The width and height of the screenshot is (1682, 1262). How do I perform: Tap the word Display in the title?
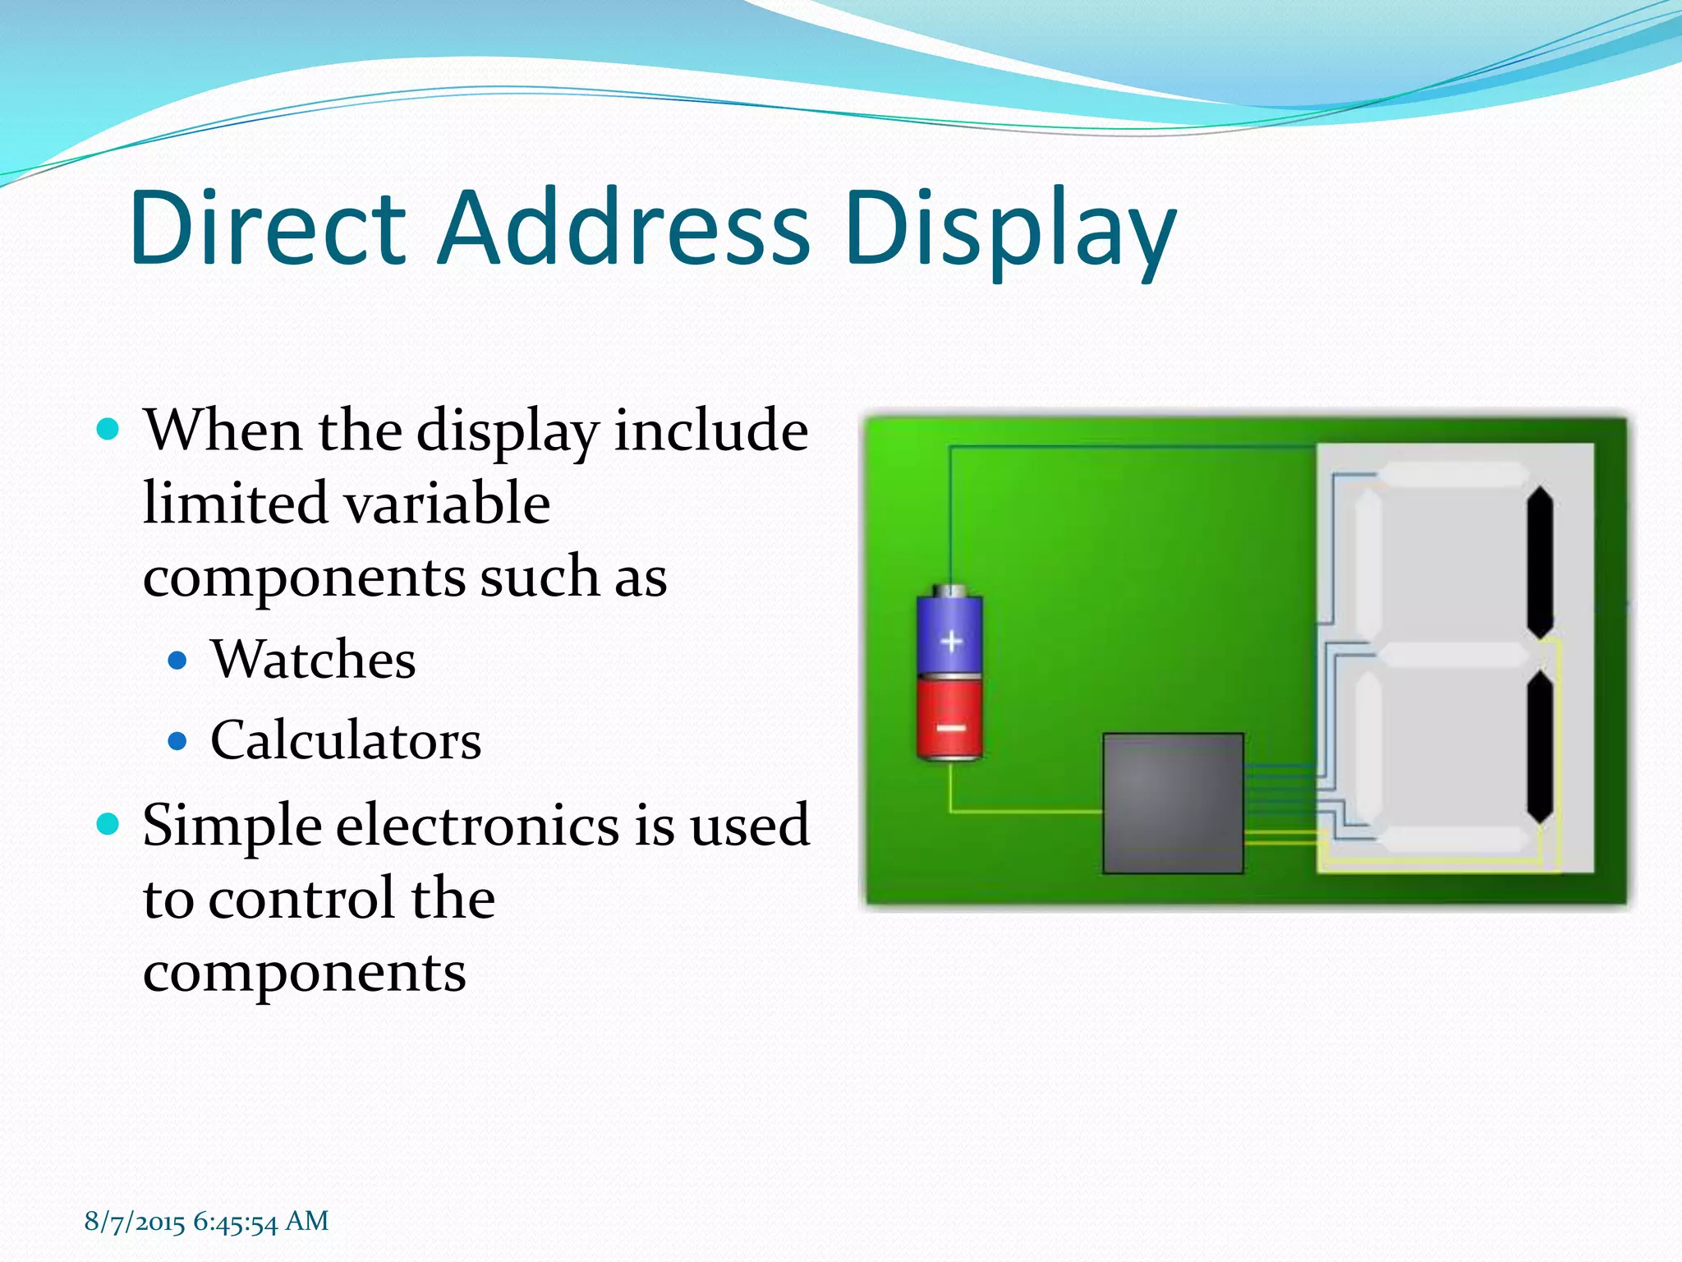click(1010, 230)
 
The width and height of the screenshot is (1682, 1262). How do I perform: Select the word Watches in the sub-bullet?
click(314, 660)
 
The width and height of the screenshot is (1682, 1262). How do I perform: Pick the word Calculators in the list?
click(346, 741)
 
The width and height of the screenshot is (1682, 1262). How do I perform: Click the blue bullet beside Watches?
click(177, 661)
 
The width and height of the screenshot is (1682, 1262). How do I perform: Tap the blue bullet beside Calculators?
click(177, 742)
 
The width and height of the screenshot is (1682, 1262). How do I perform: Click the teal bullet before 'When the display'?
click(108, 429)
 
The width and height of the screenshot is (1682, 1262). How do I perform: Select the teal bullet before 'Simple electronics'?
click(108, 823)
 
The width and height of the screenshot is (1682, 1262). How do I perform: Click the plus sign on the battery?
click(951, 640)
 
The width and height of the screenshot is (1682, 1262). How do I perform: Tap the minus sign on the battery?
click(951, 728)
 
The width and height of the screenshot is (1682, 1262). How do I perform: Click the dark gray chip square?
click(1173, 803)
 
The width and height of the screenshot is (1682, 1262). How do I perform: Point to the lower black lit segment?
click(1540, 747)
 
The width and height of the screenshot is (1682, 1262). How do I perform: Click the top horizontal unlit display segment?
click(1452, 474)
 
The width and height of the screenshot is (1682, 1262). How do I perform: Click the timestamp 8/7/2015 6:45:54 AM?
click(206, 1222)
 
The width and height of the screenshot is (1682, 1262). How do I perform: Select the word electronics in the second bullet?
click(477, 825)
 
